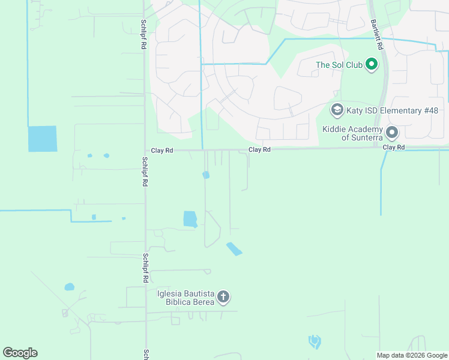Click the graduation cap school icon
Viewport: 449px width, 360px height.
tap(337, 110)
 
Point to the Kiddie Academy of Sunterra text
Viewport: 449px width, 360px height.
tap(352, 133)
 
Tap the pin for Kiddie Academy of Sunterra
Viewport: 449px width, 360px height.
tap(392, 132)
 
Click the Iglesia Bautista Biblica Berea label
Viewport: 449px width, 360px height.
tap(185, 297)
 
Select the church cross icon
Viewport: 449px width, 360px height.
tap(223, 296)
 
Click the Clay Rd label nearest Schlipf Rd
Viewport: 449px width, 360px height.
tap(161, 151)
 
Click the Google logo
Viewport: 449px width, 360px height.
tap(20, 352)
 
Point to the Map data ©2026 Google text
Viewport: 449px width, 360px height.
tap(411, 355)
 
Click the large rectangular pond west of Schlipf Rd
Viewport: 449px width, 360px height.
tap(42, 139)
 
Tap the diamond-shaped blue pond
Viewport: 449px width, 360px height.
tap(234, 248)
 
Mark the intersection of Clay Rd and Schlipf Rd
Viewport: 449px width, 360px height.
tap(145, 151)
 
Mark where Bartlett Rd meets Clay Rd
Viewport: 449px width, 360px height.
tap(378, 147)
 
